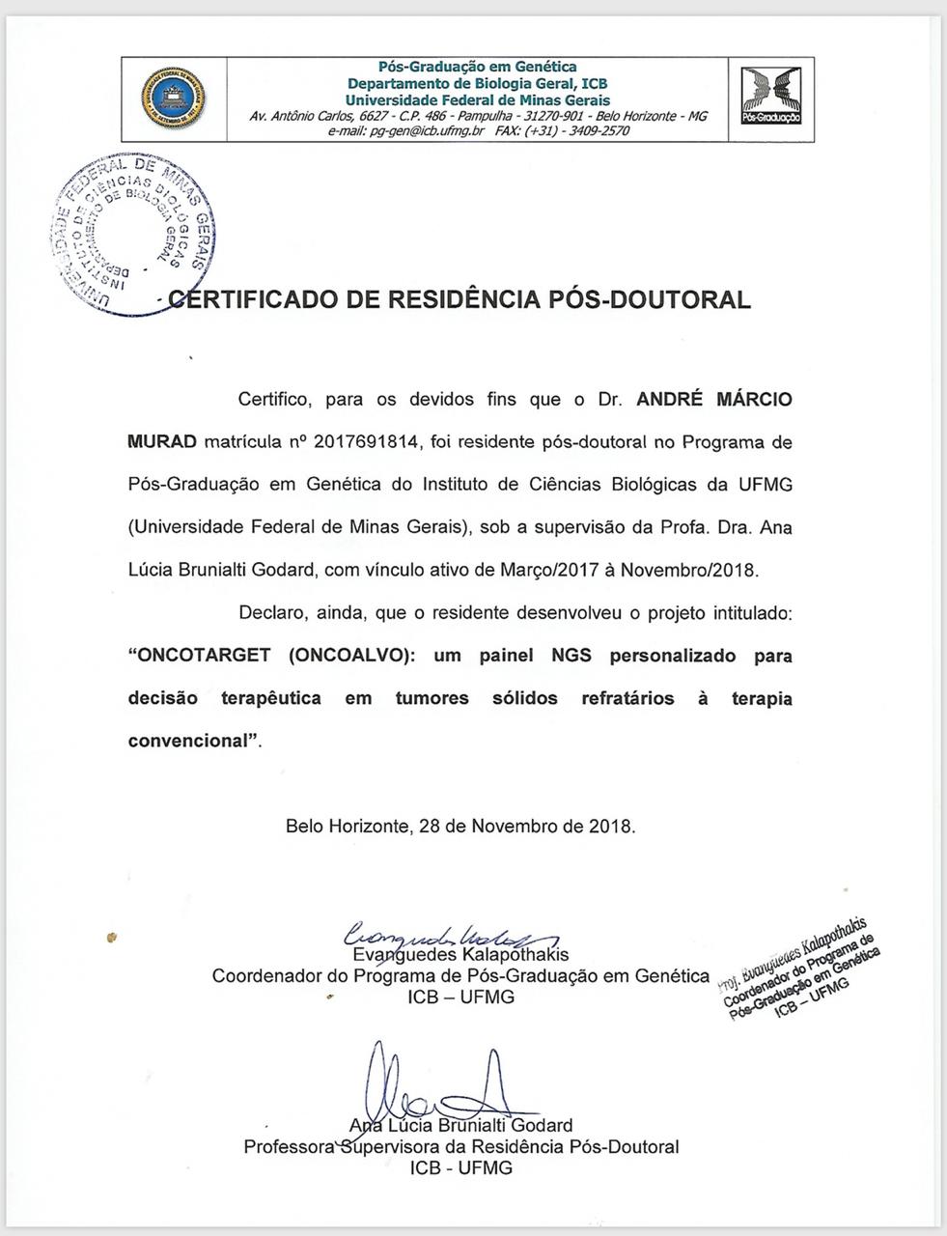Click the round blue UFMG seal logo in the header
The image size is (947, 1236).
pos(174,98)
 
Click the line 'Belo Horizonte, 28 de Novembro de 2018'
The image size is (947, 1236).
pos(460,827)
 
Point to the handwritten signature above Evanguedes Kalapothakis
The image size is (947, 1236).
pos(449,934)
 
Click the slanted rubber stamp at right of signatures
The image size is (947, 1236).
pos(801,968)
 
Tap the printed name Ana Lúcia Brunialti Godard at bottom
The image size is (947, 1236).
pos(461,1126)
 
